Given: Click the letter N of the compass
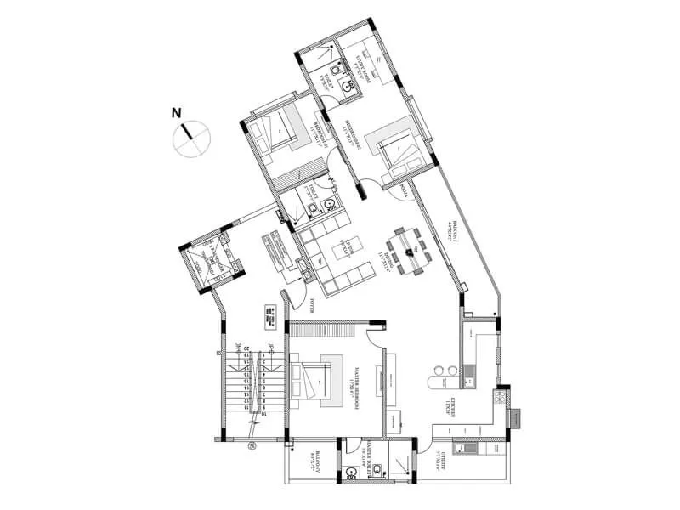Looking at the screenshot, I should [176, 112].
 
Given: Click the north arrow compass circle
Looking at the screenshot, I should [191, 138].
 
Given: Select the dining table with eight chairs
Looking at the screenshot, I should [413, 250].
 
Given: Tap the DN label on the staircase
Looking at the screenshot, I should [239, 347].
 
